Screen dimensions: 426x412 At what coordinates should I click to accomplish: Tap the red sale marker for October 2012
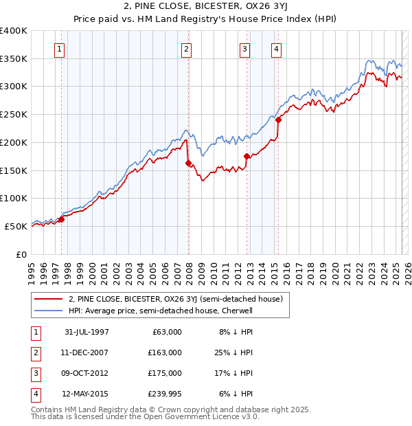click(x=247, y=157)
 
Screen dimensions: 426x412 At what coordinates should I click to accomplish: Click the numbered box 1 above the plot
click(x=61, y=49)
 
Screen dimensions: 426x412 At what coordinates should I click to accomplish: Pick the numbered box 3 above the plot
click(x=245, y=49)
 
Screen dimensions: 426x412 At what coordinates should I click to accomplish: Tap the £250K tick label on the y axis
click(x=13, y=114)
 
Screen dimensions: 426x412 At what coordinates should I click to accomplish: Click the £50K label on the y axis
click(x=16, y=225)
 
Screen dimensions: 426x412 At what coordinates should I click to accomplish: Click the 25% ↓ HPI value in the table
click(x=233, y=352)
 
